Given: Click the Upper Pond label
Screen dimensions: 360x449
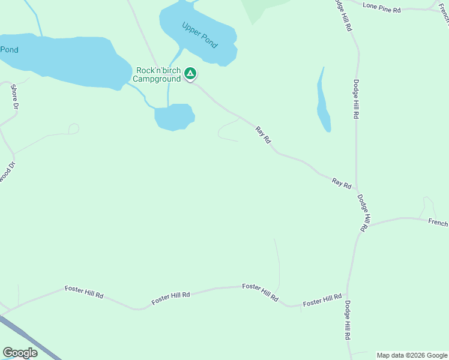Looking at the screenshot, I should coord(200,35).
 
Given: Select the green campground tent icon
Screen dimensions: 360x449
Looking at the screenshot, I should coord(190,74).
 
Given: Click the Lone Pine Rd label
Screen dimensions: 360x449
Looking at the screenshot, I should coord(381,5).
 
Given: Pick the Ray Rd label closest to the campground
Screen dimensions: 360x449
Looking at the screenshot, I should coord(264,134).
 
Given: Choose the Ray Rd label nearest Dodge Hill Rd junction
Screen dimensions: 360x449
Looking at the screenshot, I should coord(342,183).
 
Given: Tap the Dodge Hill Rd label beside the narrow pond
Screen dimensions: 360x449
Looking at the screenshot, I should coord(356,99).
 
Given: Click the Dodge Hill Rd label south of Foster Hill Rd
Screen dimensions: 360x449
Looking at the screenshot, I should coord(347,320).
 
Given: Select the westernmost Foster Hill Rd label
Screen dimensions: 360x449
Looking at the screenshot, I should coord(84,292).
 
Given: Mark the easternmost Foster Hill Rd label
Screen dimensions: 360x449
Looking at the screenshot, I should coord(322,300).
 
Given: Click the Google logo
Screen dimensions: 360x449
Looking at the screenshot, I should coord(20,353).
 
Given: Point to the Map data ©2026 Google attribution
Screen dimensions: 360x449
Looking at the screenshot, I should coord(412,355).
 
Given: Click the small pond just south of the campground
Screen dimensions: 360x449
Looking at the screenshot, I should coord(174,116).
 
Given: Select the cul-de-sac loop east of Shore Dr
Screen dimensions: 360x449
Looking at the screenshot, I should coord(74,128).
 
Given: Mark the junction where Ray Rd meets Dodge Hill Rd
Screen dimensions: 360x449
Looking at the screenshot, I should coord(357,189).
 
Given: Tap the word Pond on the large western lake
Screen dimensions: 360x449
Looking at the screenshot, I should coord(9,50).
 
